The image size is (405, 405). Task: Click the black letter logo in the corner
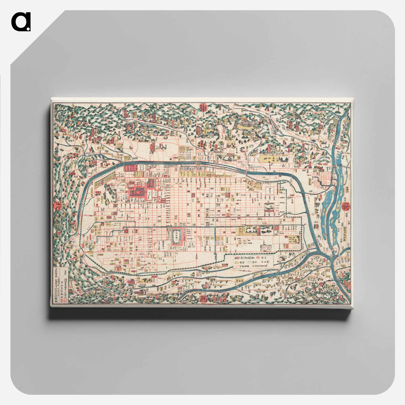[x=21, y=22]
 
